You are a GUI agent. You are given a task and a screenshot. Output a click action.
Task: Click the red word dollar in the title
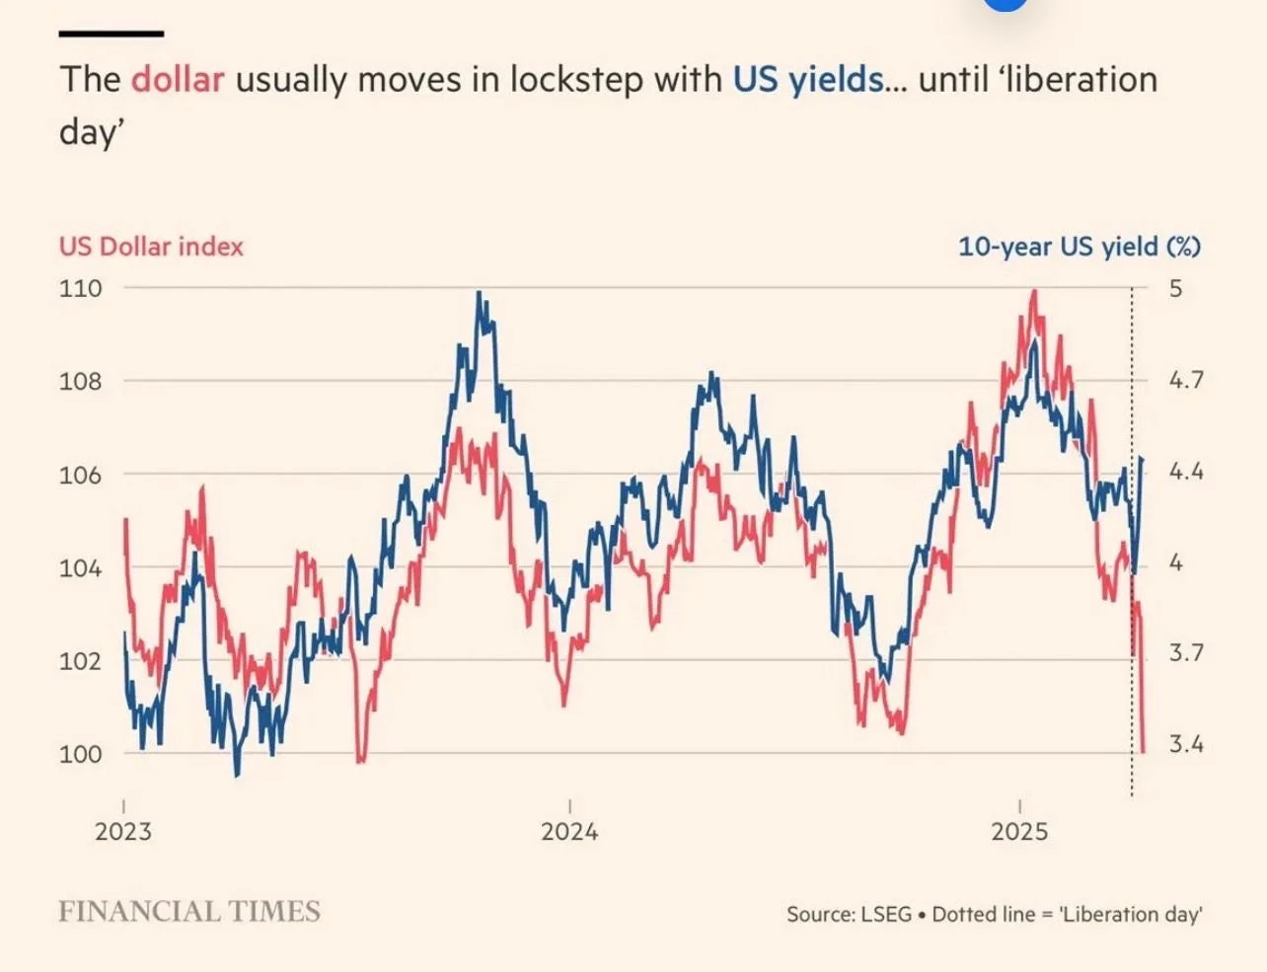(178, 79)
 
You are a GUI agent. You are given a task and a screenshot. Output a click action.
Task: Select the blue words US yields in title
(808, 79)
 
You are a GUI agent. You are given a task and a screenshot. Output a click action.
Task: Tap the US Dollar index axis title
(151, 246)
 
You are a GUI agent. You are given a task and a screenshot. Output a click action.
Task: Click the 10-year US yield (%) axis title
(1080, 246)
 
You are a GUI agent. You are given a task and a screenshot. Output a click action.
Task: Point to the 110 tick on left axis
(80, 288)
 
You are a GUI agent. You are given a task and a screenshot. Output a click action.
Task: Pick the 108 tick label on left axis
(80, 381)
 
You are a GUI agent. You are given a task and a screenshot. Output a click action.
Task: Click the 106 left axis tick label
(80, 475)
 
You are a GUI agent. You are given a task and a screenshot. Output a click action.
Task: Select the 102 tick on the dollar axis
(80, 660)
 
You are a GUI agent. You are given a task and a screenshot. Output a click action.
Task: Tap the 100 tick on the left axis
(80, 754)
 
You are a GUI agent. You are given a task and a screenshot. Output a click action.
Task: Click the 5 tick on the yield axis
(1175, 288)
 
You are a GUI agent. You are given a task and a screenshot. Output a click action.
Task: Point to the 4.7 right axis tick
(1186, 379)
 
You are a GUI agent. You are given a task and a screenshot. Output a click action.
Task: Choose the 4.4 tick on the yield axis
(1186, 471)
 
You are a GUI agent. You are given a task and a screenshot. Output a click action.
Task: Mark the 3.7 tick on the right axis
(1186, 652)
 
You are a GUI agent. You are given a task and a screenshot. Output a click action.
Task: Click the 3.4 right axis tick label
(1186, 743)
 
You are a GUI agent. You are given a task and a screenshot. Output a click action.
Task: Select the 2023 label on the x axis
(123, 831)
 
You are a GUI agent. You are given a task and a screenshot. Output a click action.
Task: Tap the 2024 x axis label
(569, 831)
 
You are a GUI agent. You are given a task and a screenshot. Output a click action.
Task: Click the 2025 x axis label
(1019, 831)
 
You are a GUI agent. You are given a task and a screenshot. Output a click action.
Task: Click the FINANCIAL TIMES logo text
(189, 911)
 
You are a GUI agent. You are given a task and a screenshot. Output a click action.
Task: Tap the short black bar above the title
(111, 34)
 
